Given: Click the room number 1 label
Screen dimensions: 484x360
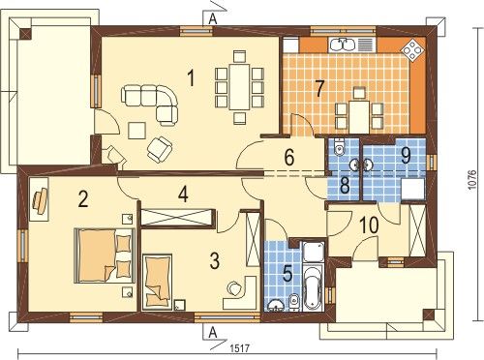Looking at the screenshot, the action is (192, 78).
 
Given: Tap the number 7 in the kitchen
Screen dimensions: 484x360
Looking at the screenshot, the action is (319, 88).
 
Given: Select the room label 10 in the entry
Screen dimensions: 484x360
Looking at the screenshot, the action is (369, 225).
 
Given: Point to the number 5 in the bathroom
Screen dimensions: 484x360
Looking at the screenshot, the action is (287, 274).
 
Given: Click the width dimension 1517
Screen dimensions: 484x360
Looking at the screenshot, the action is (240, 348).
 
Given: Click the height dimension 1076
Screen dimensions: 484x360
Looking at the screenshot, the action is (471, 180).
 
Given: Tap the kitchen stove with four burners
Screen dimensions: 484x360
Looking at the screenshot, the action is (412, 49).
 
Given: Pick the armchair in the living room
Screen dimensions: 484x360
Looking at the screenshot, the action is (159, 148).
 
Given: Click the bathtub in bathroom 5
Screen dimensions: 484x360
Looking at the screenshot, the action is (314, 287).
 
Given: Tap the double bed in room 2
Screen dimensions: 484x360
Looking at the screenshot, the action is (105, 255).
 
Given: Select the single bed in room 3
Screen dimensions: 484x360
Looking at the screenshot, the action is (157, 282).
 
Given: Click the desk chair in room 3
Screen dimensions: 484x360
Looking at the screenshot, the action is (234, 288).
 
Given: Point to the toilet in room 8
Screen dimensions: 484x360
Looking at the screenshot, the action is (339, 146).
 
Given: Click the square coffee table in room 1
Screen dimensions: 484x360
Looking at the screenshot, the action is (136, 131).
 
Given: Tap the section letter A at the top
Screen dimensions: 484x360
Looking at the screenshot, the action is (213, 19).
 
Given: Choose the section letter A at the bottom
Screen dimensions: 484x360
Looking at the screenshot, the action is (213, 332).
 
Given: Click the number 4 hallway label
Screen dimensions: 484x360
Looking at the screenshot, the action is (184, 195).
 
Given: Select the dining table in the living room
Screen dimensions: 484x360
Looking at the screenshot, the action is (239, 87).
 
